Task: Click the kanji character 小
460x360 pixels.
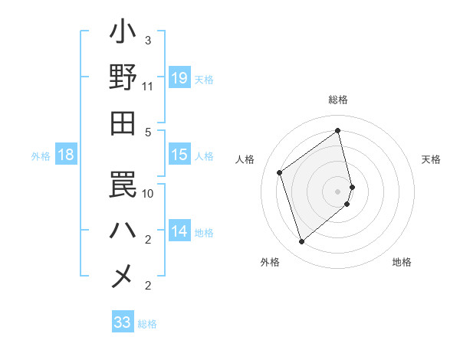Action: (123, 34)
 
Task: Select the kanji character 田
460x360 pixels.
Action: (123, 123)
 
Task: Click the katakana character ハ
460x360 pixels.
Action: (123, 229)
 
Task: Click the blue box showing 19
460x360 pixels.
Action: (179, 78)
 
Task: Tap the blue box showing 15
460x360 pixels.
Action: (179, 155)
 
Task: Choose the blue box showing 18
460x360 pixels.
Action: (66, 155)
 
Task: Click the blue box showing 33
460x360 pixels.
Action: (123, 322)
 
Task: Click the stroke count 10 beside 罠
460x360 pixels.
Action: (148, 193)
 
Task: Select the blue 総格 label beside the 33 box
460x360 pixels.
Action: (147, 324)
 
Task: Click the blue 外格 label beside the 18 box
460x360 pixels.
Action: (41, 156)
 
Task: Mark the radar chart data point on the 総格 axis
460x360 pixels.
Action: (338, 130)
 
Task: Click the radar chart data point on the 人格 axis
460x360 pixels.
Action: (280, 172)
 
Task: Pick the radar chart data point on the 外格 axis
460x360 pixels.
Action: (301, 242)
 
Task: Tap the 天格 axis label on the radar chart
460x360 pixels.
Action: (431, 159)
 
